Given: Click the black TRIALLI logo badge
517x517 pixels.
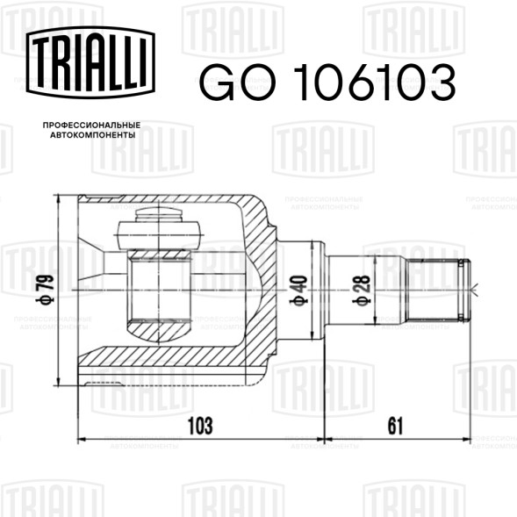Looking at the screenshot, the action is coord(90,62).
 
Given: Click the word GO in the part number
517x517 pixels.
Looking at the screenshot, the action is coord(237,82).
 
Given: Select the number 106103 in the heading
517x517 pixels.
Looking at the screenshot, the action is coord(375,82).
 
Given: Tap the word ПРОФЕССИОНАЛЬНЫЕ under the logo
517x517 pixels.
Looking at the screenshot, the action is coord(91,126).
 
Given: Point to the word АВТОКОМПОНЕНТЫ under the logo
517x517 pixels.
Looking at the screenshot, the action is coord(93,135).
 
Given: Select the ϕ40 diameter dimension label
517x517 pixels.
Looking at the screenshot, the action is coord(299,291).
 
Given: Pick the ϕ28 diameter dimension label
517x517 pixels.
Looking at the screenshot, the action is coord(362,291).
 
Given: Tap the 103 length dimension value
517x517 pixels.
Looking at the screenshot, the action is coord(200,426).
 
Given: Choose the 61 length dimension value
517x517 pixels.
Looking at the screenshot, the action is coord(395,426).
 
